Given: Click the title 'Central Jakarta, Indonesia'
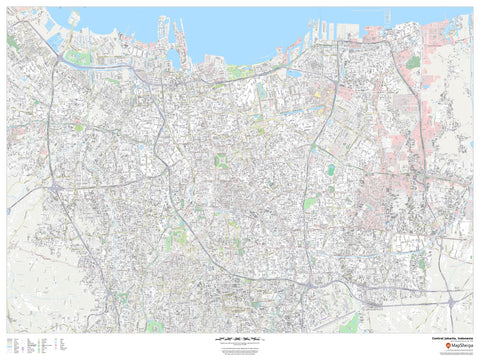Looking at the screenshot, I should [446, 338].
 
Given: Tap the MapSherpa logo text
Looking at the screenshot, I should [452, 345].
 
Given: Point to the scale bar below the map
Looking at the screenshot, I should [240, 339].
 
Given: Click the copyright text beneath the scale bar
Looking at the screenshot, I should [240, 348].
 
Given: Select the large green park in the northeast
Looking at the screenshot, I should [413, 62].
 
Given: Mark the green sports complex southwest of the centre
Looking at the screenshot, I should [177, 238].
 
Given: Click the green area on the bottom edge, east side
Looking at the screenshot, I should [348, 324].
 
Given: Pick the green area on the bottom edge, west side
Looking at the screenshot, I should [155, 326].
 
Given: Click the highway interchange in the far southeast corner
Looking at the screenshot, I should [455, 298].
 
